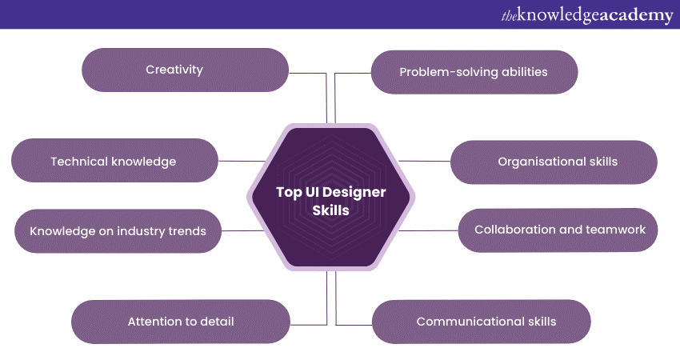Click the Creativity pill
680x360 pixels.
(x=185, y=70)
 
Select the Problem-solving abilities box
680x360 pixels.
(x=474, y=72)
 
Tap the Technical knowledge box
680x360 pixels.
(x=114, y=161)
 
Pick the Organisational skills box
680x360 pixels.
(x=554, y=162)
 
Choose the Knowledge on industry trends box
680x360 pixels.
(x=118, y=231)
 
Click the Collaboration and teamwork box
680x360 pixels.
(x=558, y=230)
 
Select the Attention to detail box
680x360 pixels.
(x=181, y=322)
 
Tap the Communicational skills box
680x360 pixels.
(x=482, y=322)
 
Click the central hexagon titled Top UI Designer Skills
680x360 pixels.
(x=331, y=198)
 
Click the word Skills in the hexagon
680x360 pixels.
(x=331, y=210)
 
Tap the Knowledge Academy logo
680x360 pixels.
(x=587, y=14)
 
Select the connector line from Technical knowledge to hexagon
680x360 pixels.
(x=242, y=161)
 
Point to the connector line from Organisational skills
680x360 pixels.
(x=425, y=162)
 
